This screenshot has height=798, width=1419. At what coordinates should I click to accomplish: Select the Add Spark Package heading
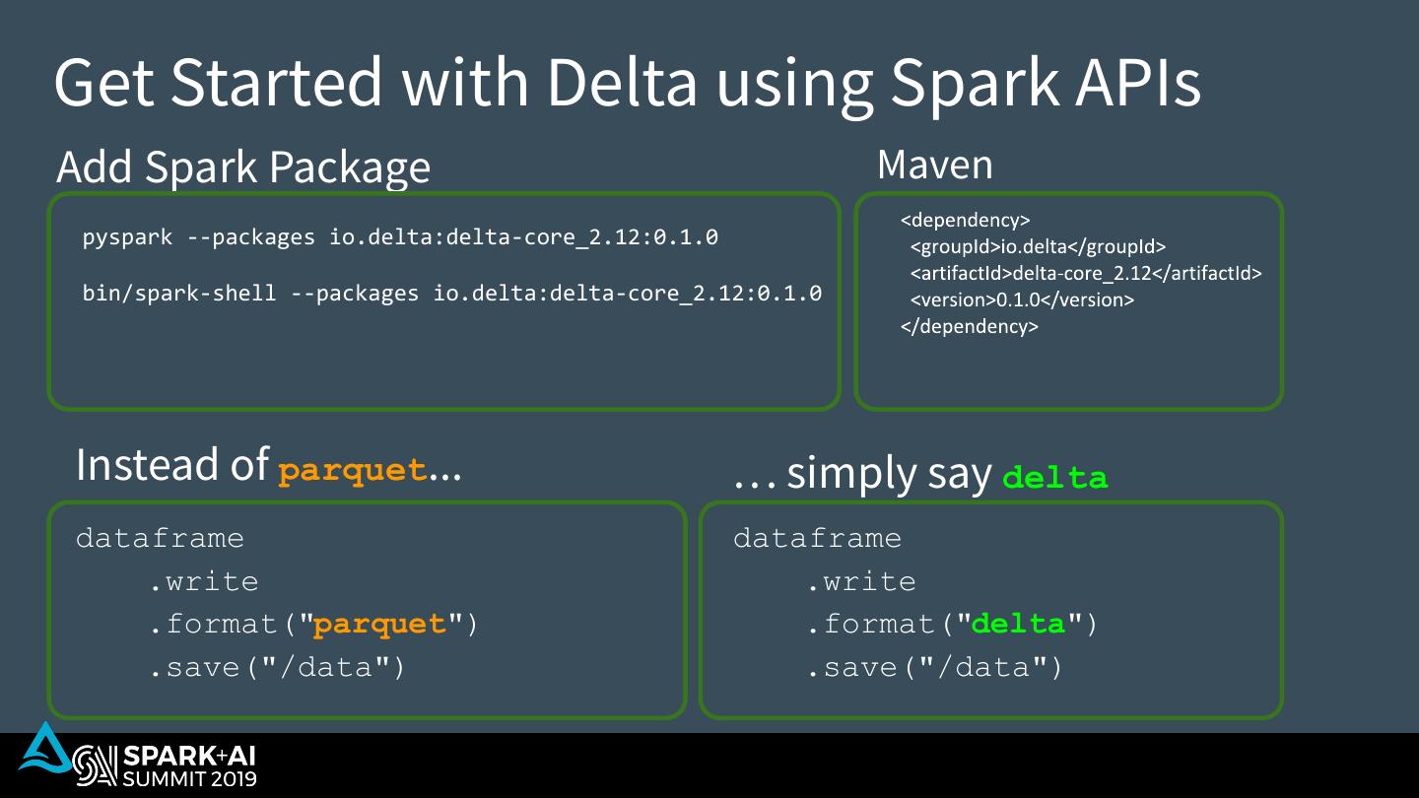(243, 166)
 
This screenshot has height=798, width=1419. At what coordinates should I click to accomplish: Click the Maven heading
(934, 165)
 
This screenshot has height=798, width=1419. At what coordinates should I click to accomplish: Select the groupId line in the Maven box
(1038, 247)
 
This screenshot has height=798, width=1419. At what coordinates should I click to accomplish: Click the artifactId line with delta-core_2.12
(1085, 274)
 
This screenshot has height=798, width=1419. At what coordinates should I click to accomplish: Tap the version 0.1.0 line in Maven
(1022, 300)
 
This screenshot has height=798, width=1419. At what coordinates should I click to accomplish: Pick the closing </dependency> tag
(969, 327)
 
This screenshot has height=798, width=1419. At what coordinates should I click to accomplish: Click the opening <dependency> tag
(965, 221)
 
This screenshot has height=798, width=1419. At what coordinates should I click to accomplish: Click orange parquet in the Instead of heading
(353, 471)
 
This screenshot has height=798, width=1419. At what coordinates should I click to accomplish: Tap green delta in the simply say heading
(1054, 479)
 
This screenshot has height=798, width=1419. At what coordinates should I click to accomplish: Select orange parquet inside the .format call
(380, 625)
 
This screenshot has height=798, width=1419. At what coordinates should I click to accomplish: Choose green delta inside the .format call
(1019, 625)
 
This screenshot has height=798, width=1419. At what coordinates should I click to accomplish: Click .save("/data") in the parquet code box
(277, 668)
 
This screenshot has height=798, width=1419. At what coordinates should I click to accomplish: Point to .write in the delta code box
(861, 582)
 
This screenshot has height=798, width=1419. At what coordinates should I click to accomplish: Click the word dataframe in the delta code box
(817, 539)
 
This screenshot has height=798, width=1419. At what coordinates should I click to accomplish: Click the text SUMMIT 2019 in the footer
(188, 778)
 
